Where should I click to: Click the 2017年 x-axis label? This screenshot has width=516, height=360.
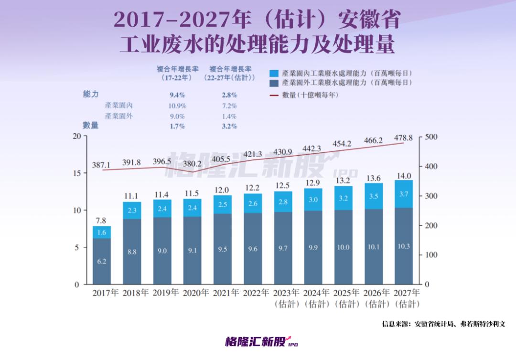[105, 293]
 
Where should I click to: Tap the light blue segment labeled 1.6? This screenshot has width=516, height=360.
[102, 233]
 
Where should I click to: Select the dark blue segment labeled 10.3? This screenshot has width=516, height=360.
[404, 246]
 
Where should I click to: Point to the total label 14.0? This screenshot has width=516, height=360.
[404, 175]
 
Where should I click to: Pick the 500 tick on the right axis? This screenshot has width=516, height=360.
[431, 137]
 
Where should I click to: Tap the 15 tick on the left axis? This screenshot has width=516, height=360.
[76, 173]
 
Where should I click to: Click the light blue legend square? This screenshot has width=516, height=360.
[274, 74]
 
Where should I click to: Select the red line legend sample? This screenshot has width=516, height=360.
[274, 95]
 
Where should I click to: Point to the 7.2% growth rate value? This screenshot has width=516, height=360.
[229, 106]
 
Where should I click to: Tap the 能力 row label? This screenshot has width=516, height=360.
[91, 94]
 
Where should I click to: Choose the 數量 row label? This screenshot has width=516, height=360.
[91, 126]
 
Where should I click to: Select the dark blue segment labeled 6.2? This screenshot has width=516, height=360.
[102, 261]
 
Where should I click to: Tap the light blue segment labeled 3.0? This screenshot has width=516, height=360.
[313, 200]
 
